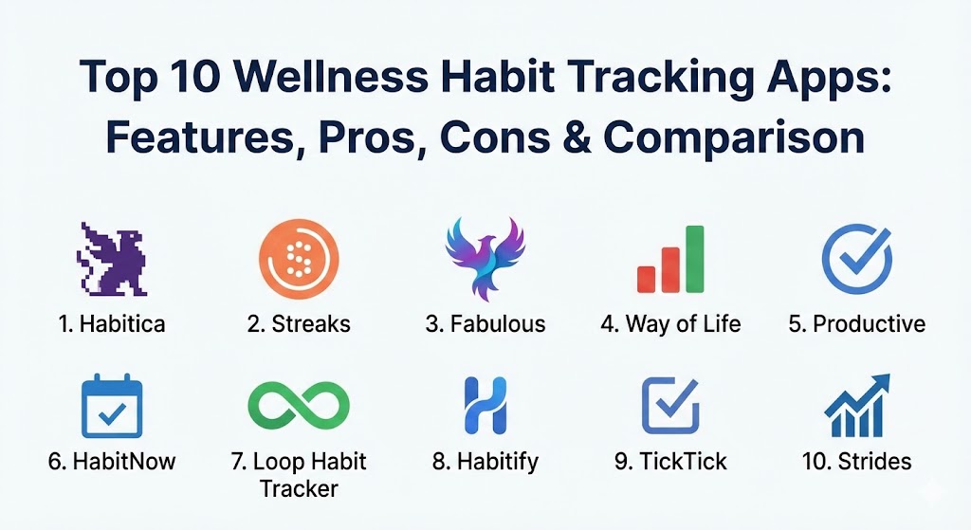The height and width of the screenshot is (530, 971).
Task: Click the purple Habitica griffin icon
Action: (112, 260)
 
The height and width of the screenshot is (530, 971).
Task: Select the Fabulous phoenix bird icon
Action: (485, 259)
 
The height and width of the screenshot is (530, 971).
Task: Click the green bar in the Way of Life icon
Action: (695, 259)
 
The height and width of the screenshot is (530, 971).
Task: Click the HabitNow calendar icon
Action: (112, 406)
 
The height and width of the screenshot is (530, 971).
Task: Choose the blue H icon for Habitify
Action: (485, 406)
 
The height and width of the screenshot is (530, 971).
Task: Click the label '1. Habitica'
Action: (112, 324)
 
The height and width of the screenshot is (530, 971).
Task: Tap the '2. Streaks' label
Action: (299, 324)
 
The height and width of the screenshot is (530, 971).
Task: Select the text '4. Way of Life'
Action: (670, 324)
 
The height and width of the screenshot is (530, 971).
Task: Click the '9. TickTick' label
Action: (670, 462)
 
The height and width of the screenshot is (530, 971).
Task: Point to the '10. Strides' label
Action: (857, 462)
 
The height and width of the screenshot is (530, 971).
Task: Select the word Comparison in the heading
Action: (734, 138)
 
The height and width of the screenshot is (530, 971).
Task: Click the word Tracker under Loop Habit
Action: (299, 488)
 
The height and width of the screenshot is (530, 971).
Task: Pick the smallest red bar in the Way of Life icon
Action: (646, 280)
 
